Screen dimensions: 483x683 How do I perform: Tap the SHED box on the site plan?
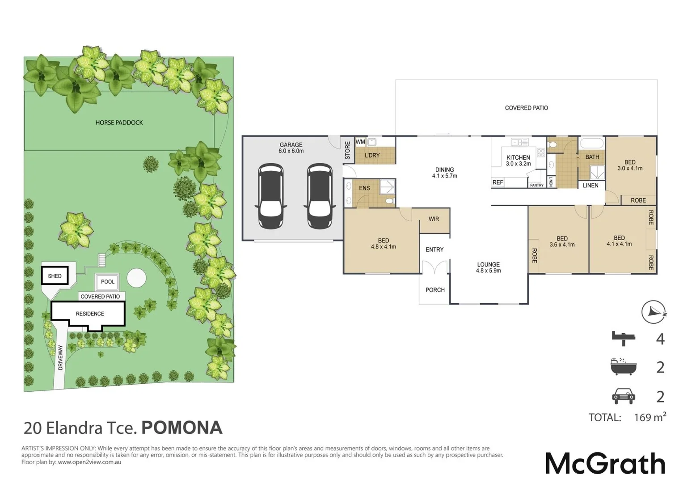pyautogui.click(x=55, y=276)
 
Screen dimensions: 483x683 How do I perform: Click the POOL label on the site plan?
pyautogui.click(x=108, y=282)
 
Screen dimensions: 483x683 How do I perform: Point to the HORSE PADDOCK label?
pyautogui.click(x=119, y=123)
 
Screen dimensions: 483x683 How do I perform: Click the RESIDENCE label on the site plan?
pyautogui.click(x=90, y=314)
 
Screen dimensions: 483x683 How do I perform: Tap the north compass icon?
pyautogui.click(x=653, y=312)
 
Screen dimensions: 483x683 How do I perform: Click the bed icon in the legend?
pyautogui.click(x=624, y=339)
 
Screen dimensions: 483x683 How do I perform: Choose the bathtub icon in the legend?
pyautogui.click(x=623, y=367)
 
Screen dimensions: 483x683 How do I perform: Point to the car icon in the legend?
pyautogui.click(x=623, y=396)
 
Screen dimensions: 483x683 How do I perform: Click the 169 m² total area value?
pyautogui.click(x=649, y=417)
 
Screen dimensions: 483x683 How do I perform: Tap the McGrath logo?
pyautogui.click(x=605, y=464)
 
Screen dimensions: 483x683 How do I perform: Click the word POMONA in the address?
pyautogui.click(x=182, y=428)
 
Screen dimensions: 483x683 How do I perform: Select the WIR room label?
pyautogui.click(x=434, y=219)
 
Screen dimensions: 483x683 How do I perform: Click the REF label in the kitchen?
pyautogui.click(x=497, y=182)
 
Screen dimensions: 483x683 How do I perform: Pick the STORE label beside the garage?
pyautogui.click(x=348, y=151)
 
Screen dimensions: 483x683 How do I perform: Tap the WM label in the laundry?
pyautogui.click(x=360, y=142)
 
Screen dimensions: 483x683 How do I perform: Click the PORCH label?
pyautogui.click(x=435, y=290)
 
